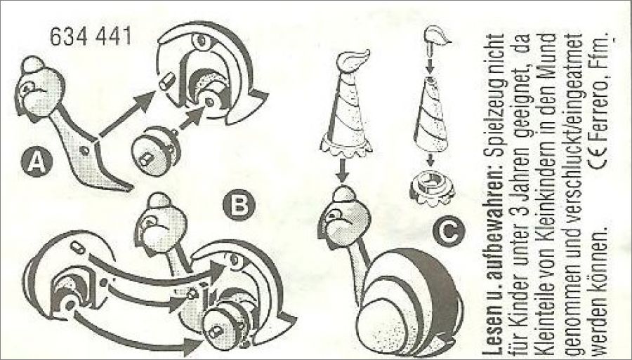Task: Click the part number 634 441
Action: pos(91,36)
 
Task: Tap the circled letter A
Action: pos(37,161)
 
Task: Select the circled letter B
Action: pos(239,205)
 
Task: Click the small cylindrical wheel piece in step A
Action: pos(156,151)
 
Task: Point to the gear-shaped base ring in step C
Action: pos(430,187)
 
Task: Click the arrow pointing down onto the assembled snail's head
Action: pos(342,171)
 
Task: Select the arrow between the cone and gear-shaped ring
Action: pos(430,159)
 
